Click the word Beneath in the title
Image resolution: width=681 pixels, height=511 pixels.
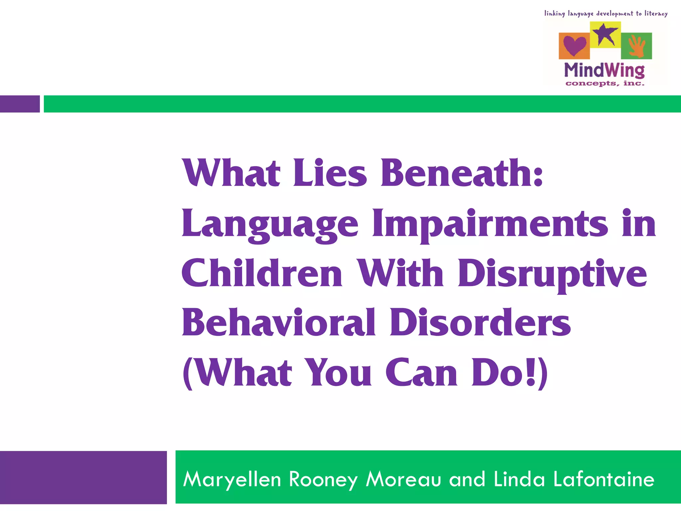coord(462,173)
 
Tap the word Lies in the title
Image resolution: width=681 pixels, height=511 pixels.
coord(330,173)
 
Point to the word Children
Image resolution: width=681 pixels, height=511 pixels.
coord(262,273)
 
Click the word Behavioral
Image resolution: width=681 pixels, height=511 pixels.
coord(279,323)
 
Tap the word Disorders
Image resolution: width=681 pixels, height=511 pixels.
coord(480,323)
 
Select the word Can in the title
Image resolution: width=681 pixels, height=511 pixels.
coord(422,373)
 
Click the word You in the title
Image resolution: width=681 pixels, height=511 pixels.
coord(339,373)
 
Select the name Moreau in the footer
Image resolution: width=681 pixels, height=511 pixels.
coord(403,479)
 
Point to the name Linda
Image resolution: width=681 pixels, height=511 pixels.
coord(519,479)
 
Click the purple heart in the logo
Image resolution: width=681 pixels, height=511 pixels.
coord(574,46)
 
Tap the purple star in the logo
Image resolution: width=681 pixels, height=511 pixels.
coord(605,34)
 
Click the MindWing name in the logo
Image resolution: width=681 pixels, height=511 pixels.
coord(604,70)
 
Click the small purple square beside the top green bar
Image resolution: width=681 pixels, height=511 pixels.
coord(20,104)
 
